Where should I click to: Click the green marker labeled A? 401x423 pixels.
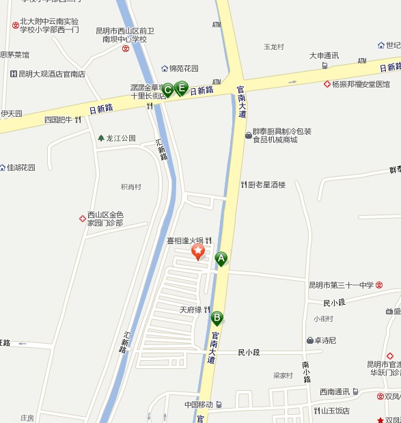tap(221, 258)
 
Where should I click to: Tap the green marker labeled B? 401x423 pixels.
tap(217, 317)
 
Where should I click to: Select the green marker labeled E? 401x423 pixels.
tap(182, 87)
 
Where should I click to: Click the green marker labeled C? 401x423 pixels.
tap(167, 89)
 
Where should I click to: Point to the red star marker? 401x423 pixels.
tap(198, 252)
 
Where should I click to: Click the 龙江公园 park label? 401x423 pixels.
tap(121, 138)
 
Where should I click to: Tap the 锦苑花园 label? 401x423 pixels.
tap(184, 68)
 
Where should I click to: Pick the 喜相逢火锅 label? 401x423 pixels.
tap(185, 241)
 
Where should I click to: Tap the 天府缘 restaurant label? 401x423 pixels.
tap(191, 310)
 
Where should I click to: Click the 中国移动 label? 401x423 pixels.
tap(199, 404)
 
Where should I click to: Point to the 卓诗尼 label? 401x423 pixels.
tap(324, 340)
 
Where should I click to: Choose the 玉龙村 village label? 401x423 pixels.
tap(274, 47)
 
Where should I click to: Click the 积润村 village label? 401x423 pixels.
tap(130, 187)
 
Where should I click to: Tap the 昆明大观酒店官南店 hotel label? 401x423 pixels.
tap(52, 73)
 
